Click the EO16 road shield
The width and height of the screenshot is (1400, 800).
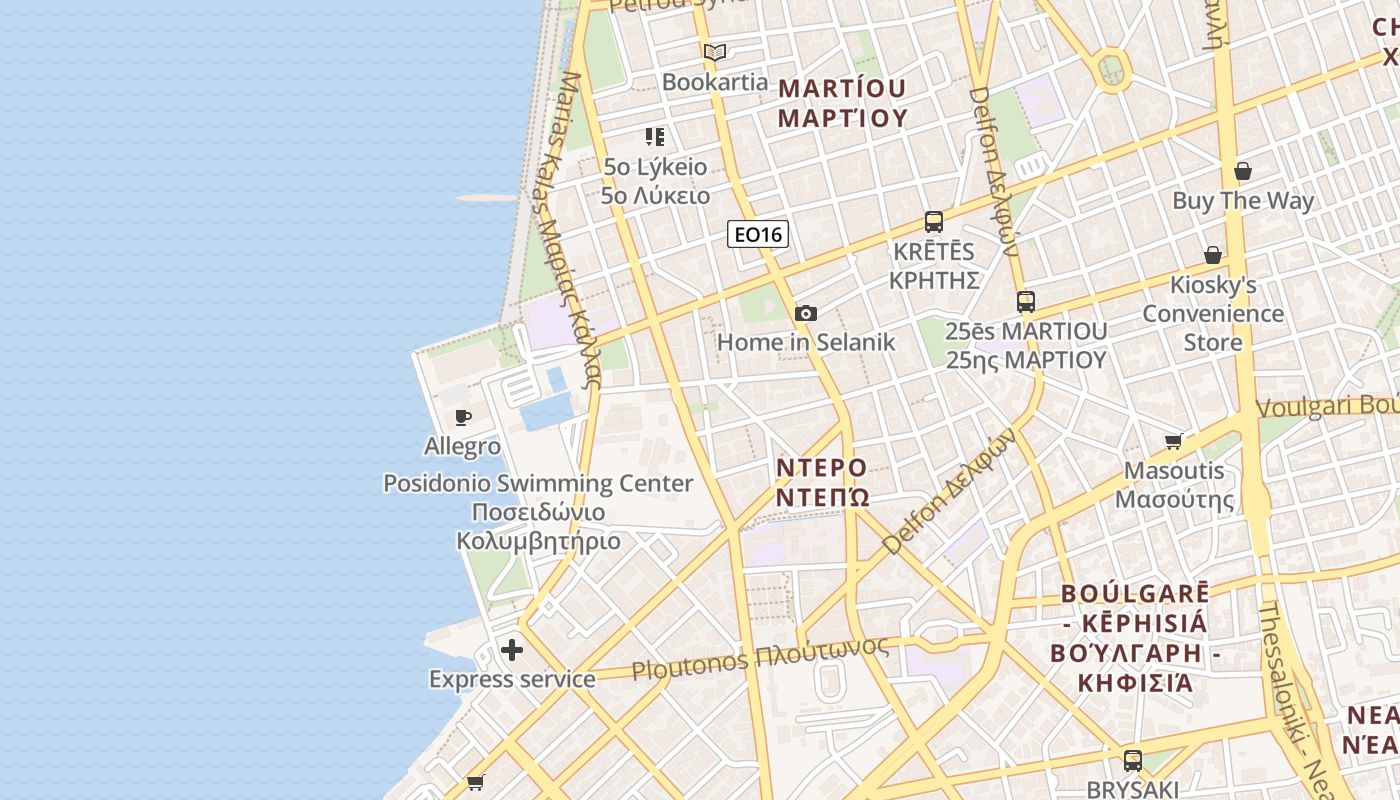[758, 234]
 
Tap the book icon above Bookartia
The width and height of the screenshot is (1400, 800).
[714, 53]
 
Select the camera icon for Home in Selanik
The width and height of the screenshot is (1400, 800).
[806, 313]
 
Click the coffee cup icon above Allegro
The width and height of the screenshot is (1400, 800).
[463, 417]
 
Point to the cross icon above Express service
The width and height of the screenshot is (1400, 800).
[512, 650]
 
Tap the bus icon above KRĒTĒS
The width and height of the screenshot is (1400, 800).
[934, 222]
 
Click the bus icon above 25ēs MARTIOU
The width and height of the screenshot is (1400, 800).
[1026, 301]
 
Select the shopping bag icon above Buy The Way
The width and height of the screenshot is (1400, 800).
[1243, 171]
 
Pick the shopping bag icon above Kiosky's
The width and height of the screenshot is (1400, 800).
[1213, 256]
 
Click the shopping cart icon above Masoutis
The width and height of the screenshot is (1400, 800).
[1174, 441]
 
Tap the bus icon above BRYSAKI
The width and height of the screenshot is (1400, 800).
[1133, 760]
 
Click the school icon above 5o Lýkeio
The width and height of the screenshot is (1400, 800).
[655, 137]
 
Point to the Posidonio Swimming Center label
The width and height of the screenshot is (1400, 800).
[538, 484]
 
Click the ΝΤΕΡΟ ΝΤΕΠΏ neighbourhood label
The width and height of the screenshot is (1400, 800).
[822, 482]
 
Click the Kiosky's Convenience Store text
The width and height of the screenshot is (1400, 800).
[1212, 314]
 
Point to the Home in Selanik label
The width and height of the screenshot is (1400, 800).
[806, 342]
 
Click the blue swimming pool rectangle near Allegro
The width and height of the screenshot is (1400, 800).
[546, 412]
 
